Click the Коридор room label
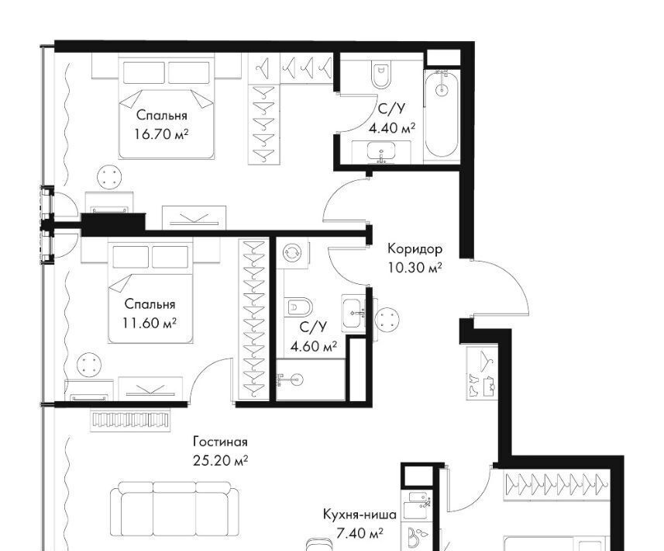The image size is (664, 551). (415, 249)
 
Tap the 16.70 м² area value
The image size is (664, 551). (161, 134)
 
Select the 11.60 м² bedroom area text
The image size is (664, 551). (150, 323)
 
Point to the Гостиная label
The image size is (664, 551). (220, 442)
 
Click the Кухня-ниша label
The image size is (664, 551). (360, 515)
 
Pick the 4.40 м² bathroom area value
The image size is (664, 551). (392, 128)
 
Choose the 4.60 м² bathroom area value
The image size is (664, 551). (314, 347)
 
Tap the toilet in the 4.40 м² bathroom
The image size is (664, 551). (381, 75)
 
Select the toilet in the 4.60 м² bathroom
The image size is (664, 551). (298, 307)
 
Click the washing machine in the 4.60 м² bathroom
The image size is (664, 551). (293, 253)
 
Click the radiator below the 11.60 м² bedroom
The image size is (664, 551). (131, 420)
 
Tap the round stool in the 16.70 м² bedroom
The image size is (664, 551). (110, 177)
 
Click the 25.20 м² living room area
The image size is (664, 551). (220, 461)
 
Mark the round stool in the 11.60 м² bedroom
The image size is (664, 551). (89, 365)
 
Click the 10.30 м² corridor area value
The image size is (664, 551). (415, 268)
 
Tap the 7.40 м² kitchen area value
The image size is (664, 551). (360, 533)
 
